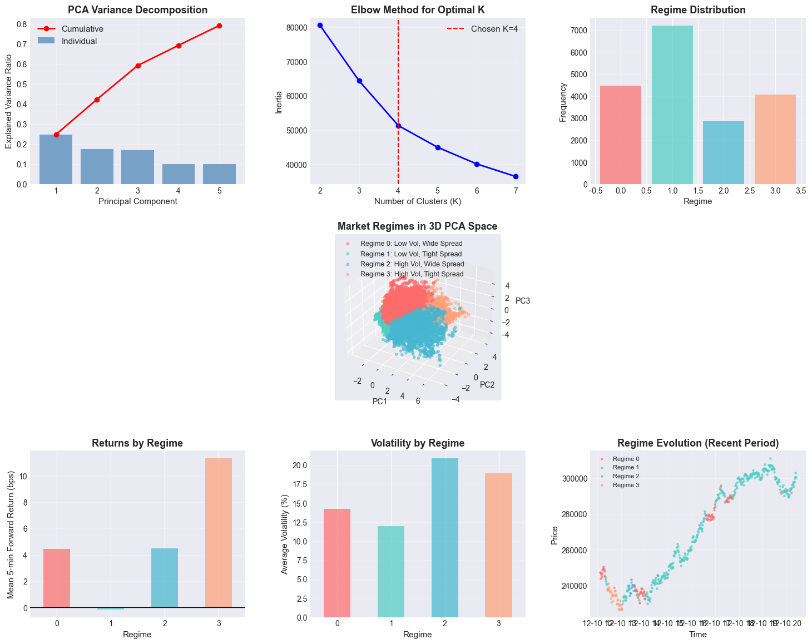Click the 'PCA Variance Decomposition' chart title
pos(137,10)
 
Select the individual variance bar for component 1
pos(56,160)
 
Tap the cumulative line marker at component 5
pos(219,26)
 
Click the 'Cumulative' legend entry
pos(82,29)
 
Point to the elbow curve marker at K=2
pos(320,25)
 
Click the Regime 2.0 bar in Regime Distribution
pos(724,153)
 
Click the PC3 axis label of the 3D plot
pos(523,301)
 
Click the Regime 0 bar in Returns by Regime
pos(57,578)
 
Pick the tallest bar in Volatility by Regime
pos(445,538)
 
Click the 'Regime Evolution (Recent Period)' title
pos(697,443)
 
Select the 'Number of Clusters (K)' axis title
pos(417,201)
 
